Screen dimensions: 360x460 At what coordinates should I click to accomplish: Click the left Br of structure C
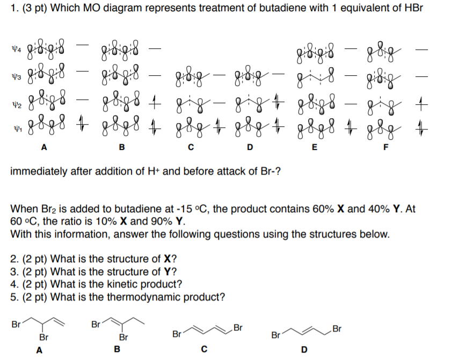click(x=177, y=334)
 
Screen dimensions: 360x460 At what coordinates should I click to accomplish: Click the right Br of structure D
click(x=337, y=328)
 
